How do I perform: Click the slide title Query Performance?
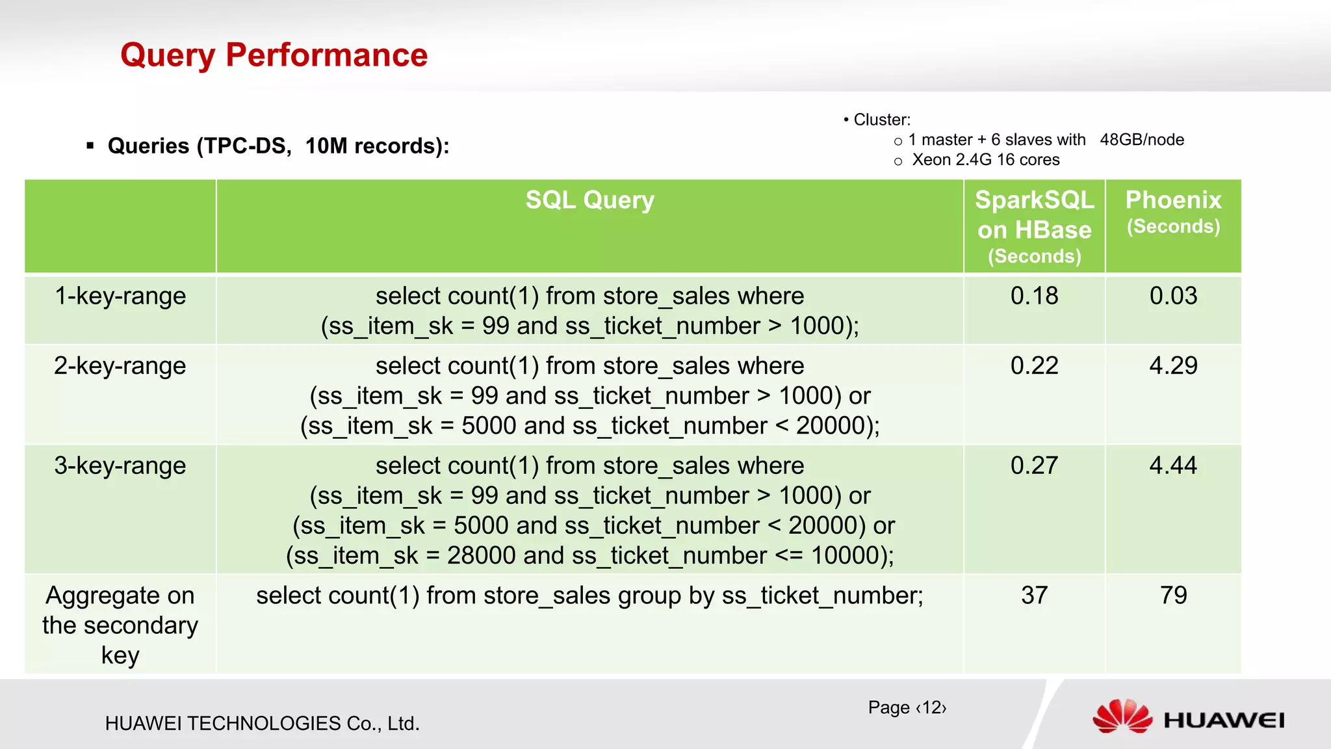coord(274,55)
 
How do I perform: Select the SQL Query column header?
coord(589,200)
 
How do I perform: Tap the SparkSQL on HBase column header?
coord(1034,226)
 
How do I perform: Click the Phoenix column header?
coord(1173,211)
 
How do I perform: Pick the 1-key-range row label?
coord(120,296)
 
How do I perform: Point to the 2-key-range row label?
coord(120,365)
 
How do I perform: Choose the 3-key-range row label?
coord(120,466)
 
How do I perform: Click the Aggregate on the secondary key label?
coord(120,625)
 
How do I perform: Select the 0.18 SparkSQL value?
coord(1034,296)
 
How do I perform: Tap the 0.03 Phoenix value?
coord(1173,296)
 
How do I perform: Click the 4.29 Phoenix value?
coord(1173,365)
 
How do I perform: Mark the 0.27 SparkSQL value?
coord(1034,466)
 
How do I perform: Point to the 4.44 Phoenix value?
coord(1173,466)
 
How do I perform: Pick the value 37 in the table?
coord(1034,596)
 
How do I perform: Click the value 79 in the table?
coord(1173,596)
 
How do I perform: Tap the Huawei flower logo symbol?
coord(1122,716)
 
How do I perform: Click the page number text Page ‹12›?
coord(907,707)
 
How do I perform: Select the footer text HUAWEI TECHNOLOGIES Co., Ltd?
coord(262,724)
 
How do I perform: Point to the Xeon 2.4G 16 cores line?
coord(985,160)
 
